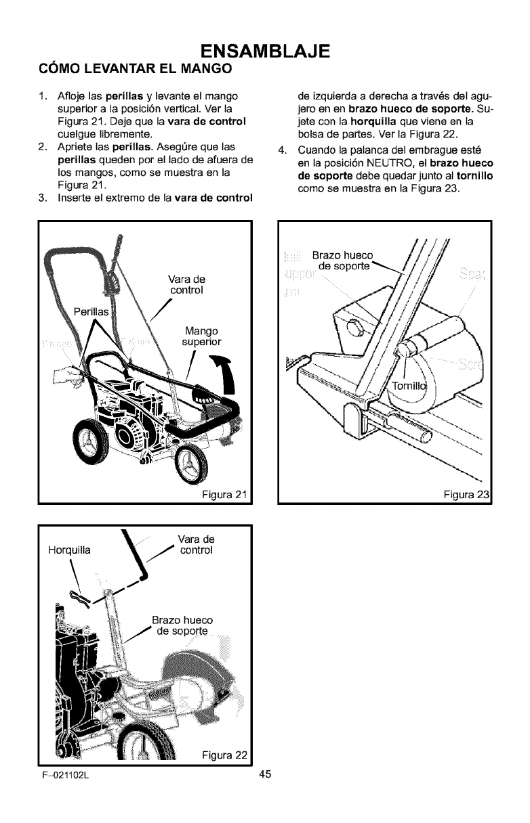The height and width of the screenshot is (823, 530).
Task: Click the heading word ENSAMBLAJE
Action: [264, 51]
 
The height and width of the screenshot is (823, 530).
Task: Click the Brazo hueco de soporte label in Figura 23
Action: [342, 261]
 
